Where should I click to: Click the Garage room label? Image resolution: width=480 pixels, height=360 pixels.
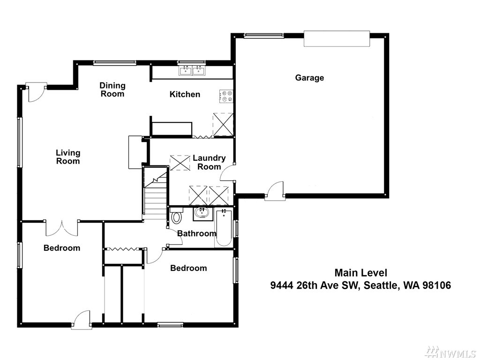[309, 78]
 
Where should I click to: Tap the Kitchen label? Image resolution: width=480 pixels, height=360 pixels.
[185, 94]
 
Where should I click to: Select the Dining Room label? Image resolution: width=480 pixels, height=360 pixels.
[112, 90]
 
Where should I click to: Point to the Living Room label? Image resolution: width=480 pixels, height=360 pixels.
[68, 157]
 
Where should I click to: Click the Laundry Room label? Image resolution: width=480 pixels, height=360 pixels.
[209, 162]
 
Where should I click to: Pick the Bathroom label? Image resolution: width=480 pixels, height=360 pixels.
[197, 233]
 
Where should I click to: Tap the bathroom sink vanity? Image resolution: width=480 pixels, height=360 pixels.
[202, 214]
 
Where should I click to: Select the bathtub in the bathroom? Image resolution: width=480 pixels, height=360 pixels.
[224, 228]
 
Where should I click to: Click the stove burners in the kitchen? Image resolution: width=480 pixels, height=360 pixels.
[226, 96]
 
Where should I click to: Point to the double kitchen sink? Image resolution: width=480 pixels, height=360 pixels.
[192, 70]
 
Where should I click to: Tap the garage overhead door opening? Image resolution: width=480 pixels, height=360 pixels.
[337, 38]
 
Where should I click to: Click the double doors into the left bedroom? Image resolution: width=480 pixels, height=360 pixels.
[62, 228]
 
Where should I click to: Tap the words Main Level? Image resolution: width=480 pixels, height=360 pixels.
[360, 272]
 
